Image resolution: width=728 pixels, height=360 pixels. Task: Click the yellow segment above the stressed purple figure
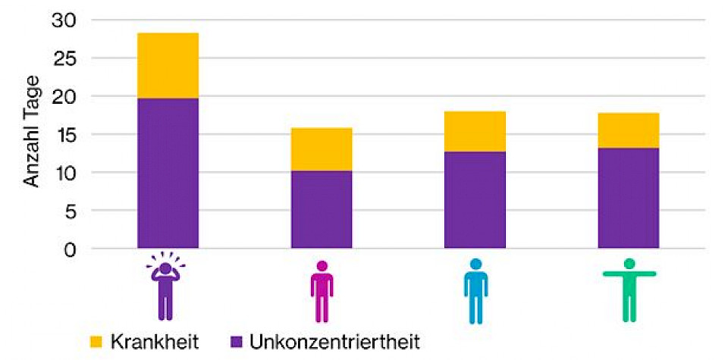pyautogui.click(x=168, y=66)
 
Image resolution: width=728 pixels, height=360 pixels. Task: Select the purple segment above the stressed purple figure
pyautogui.click(x=168, y=173)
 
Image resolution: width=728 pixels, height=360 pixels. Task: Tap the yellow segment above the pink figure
pyautogui.click(x=322, y=149)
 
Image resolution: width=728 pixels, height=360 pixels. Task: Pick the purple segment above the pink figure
pyautogui.click(x=322, y=209)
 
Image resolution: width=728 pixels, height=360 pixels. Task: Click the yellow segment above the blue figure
pyautogui.click(x=475, y=132)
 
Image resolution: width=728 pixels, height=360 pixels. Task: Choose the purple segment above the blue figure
pyautogui.click(x=475, y=200)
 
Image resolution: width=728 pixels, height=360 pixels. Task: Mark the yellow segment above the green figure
pyautogui.click(x=628, y=130)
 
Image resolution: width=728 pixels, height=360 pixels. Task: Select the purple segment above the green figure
pyautogui.click(x=628, y=198)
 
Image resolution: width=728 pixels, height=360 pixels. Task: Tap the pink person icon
pyautogui.click(x=322, y=291)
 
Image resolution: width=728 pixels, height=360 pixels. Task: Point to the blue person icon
pyautogui.click(x=475, y=290)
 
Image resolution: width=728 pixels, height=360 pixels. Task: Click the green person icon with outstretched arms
pyautogui.click(x=629, y=289)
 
